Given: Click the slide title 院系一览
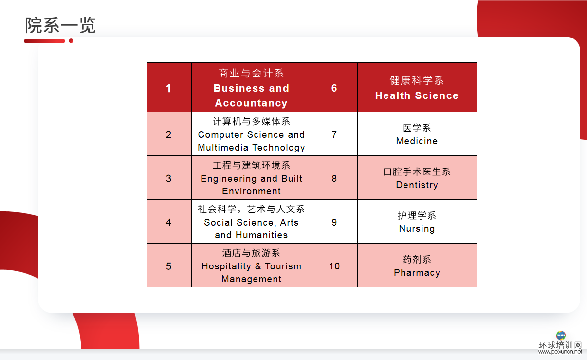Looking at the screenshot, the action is (60, 25).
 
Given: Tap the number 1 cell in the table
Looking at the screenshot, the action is (169, 87).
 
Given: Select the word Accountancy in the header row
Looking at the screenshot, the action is (251, 103).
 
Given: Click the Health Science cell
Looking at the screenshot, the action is (417, 87).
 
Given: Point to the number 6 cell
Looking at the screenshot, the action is (334, 87).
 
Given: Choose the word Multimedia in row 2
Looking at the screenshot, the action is (223, 147).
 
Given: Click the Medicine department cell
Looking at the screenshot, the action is (417, 134).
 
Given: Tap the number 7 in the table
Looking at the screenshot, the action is (334, 134).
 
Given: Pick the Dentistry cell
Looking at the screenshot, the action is (417, 178).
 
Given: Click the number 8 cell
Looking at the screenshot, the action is (334, 178).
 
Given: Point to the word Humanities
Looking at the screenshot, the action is (261, 235).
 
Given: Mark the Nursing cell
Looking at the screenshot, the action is (417, 222).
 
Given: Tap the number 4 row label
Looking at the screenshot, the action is (168, 222).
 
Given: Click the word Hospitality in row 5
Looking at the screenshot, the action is (226, 266).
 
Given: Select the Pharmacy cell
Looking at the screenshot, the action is (417, 265).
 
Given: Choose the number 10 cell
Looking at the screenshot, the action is (334, 265).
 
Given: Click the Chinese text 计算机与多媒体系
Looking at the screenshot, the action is (251, 121).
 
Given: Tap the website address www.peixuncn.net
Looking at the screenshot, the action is (560, 352).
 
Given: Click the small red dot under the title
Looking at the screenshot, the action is (71, 41).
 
